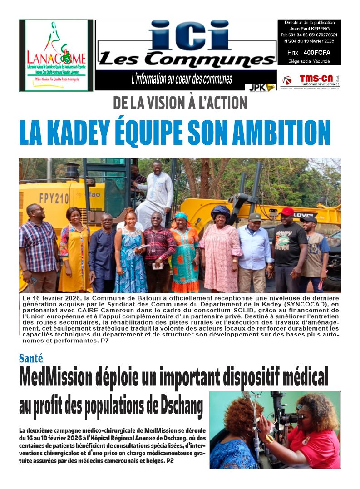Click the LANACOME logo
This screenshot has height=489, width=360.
[x=56, y=55]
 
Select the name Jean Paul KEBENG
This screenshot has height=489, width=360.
[x=309, y=28]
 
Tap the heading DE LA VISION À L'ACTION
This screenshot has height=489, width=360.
[x=180, y=103]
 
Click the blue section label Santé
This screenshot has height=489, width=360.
[x=32, y=359]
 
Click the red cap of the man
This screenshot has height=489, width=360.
[x=286, y=211]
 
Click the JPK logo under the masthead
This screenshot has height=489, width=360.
[x=260, y=87]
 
